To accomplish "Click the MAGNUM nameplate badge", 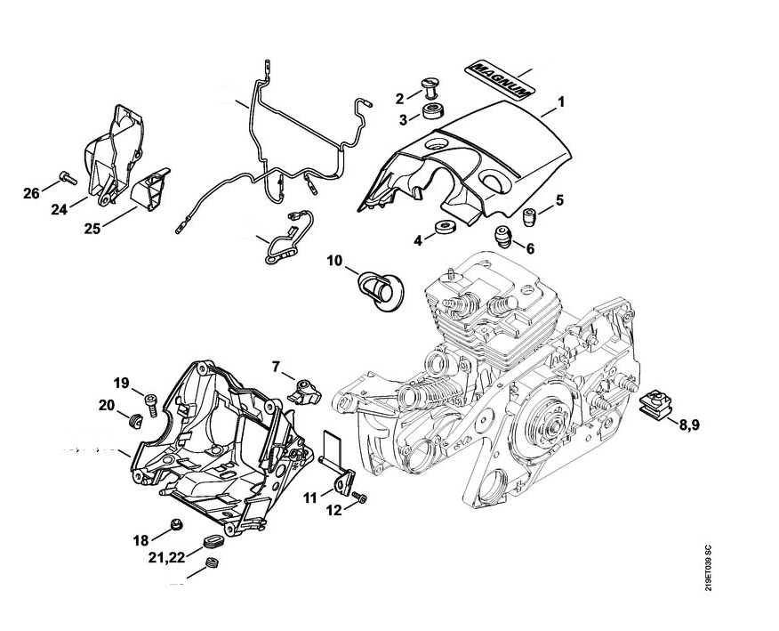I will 499,79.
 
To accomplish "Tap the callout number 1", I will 562,104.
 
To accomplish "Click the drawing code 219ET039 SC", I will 709,568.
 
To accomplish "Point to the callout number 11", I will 307,497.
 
